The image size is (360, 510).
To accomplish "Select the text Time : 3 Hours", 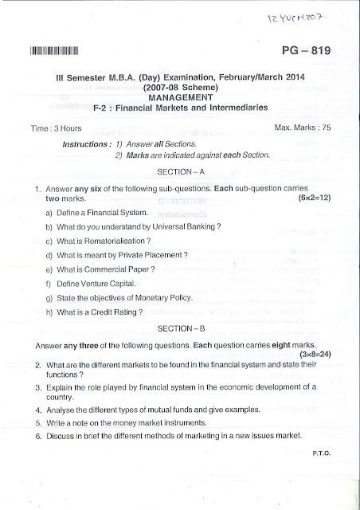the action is click(x=46, y=127).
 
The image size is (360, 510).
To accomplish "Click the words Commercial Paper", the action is click(x=120, y=269).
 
